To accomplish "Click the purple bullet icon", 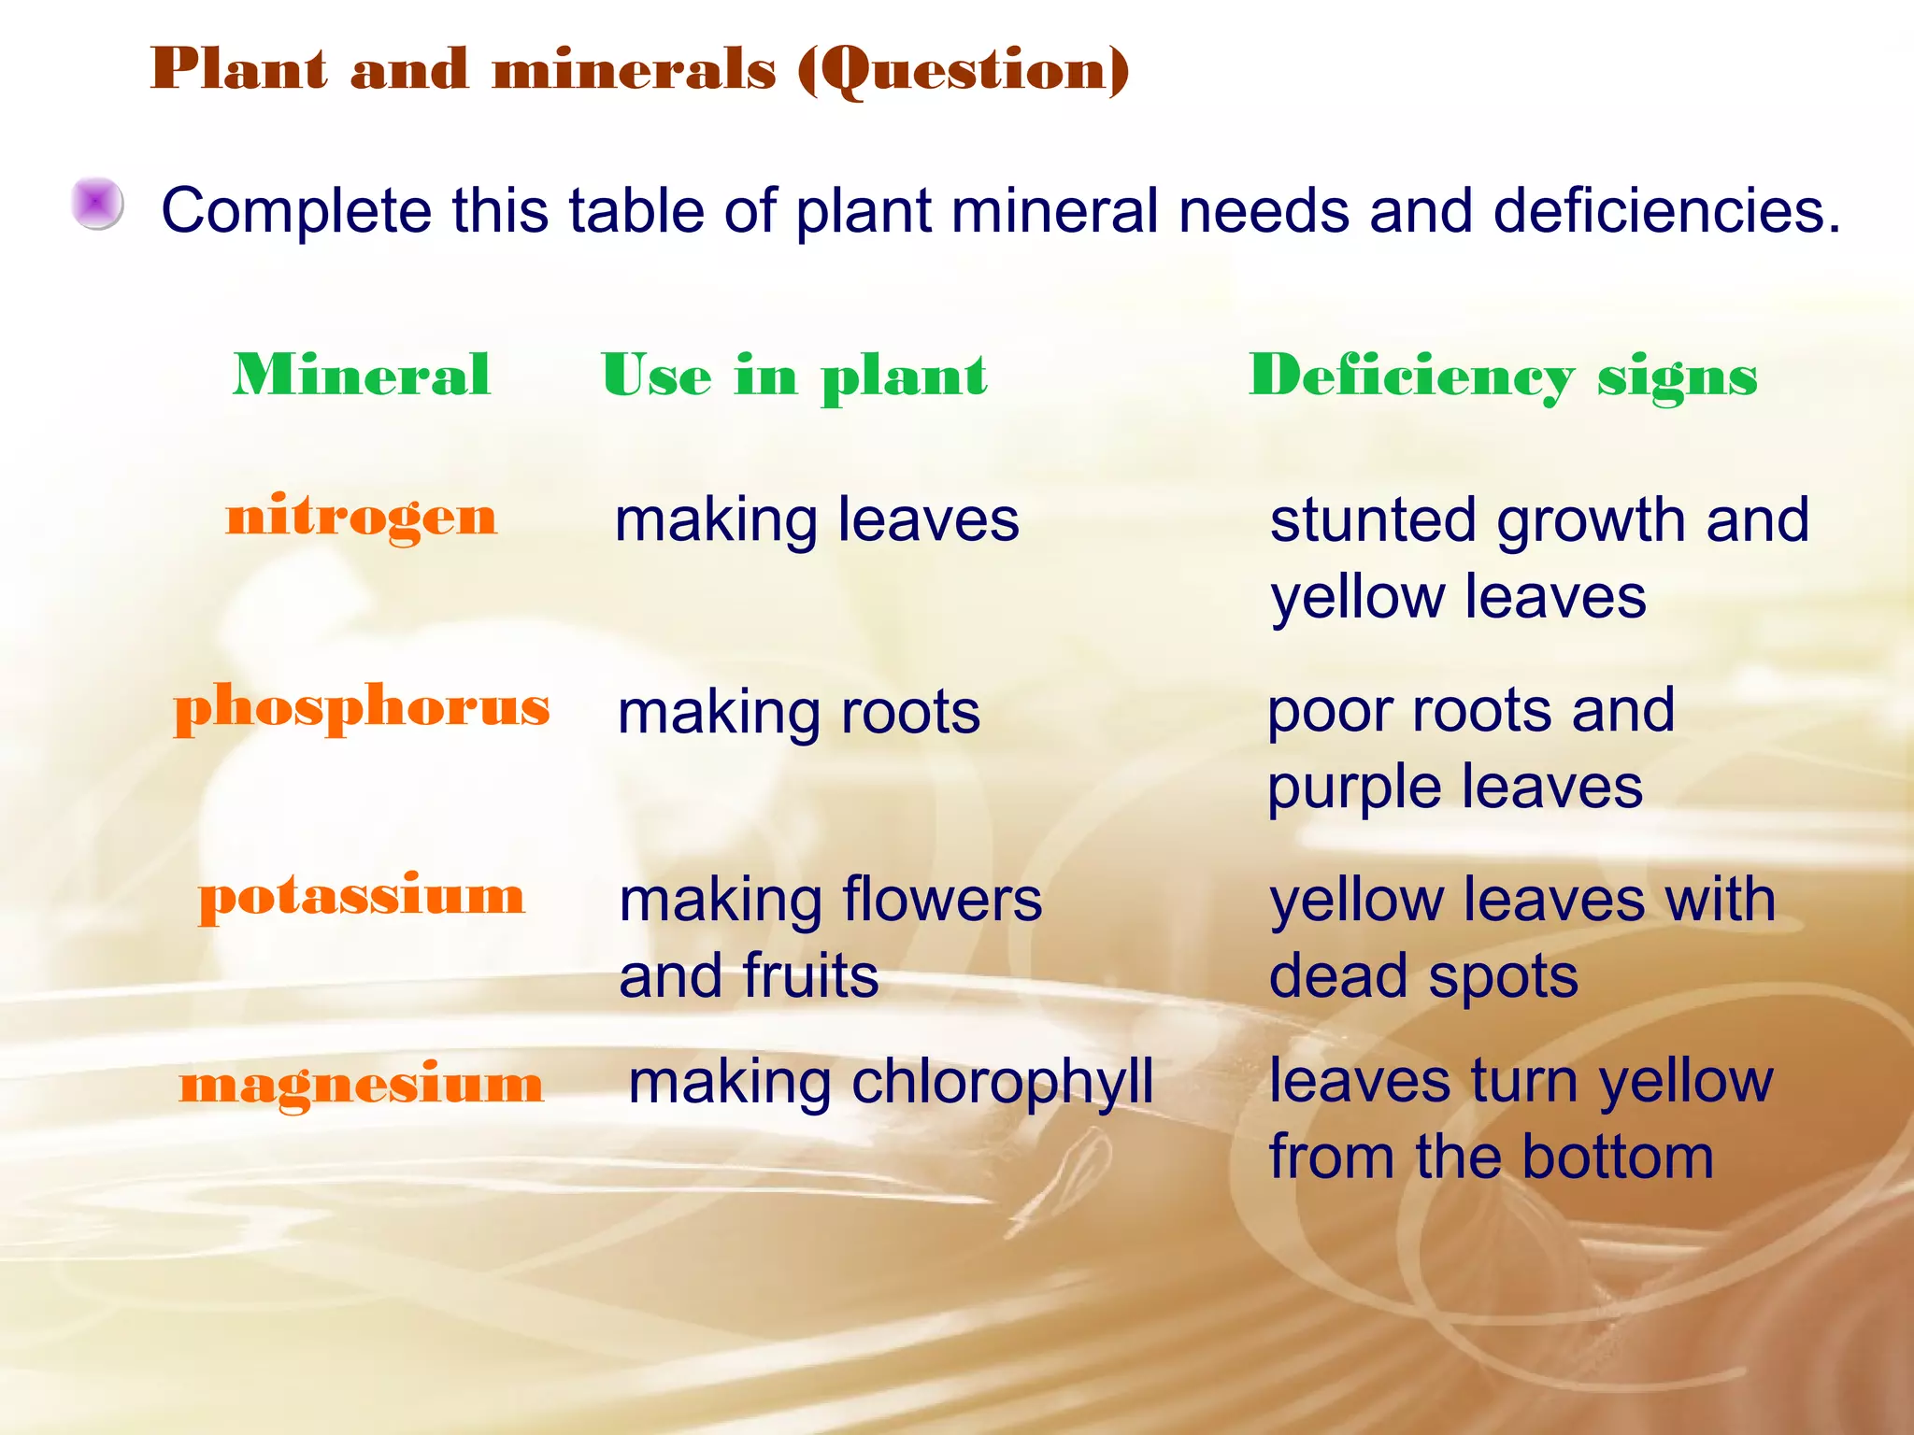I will pyautogui.click(x=98, y=204).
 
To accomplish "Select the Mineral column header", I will pyautogui.click(x=362, y=376).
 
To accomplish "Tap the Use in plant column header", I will pyautogui.click(x=794, y=376).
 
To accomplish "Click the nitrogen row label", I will pyautogui.click(x=362, y=518).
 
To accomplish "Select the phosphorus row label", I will pyautogui.click(x=362, y=707).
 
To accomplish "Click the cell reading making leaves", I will pyautogui.click(x=817, y=520).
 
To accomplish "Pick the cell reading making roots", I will pyautogui.click(x=799, y=713).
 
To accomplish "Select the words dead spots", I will pyautogui.click(x=1423, y=977).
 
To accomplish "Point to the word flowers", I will pyautogui.click(x=941, y=901).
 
